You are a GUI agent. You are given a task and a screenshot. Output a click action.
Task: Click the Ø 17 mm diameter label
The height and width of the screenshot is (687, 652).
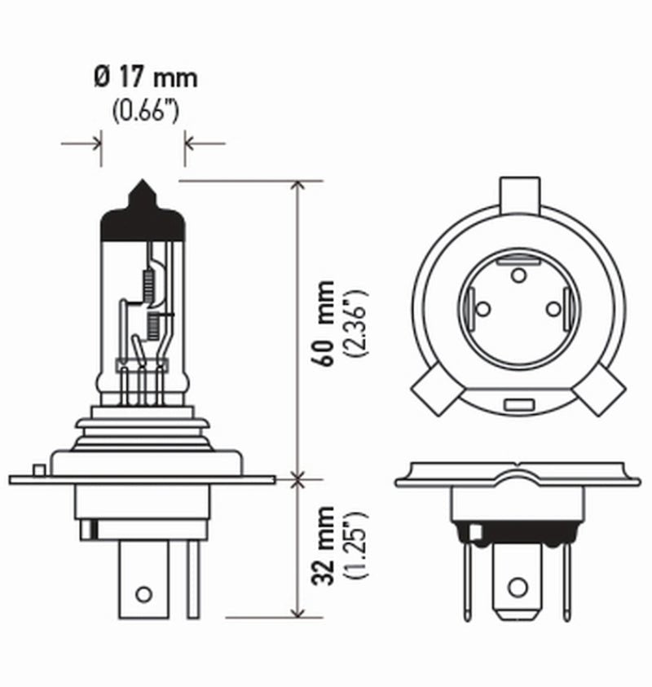click(145, 79)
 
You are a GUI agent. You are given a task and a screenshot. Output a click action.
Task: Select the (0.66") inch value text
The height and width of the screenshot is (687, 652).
click(145, 110)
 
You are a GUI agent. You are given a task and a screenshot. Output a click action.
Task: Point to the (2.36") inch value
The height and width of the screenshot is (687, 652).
click(356, 324)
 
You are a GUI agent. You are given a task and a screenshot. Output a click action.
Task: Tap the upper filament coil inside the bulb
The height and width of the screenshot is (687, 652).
click(148, 283)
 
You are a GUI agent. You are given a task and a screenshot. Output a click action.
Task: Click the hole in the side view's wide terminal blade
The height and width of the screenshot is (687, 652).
click(143, 593)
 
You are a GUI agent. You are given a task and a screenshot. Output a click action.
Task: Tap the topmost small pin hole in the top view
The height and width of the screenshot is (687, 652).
click(518, 275)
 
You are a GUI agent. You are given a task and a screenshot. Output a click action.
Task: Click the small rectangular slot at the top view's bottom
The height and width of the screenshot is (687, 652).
click(518, 404)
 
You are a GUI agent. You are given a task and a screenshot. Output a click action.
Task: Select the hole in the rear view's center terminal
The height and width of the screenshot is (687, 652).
click(517, 587)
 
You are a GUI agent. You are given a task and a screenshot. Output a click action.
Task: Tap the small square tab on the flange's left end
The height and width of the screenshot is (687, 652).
click(37, 470)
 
